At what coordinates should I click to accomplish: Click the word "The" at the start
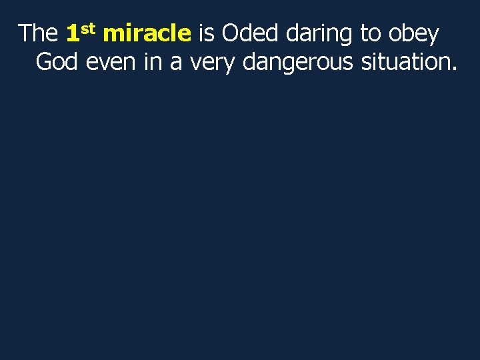click(x=38, y=33)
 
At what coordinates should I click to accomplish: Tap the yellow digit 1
click(x=73, y=33)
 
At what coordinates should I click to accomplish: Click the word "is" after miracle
click(x=206, y=33)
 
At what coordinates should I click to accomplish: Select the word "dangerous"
click(x=299, y=63)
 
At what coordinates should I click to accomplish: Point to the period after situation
click(x=454, y=69)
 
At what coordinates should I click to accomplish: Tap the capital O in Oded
click(x=230, y=33)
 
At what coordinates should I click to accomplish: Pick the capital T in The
click(x=25, y=33)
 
